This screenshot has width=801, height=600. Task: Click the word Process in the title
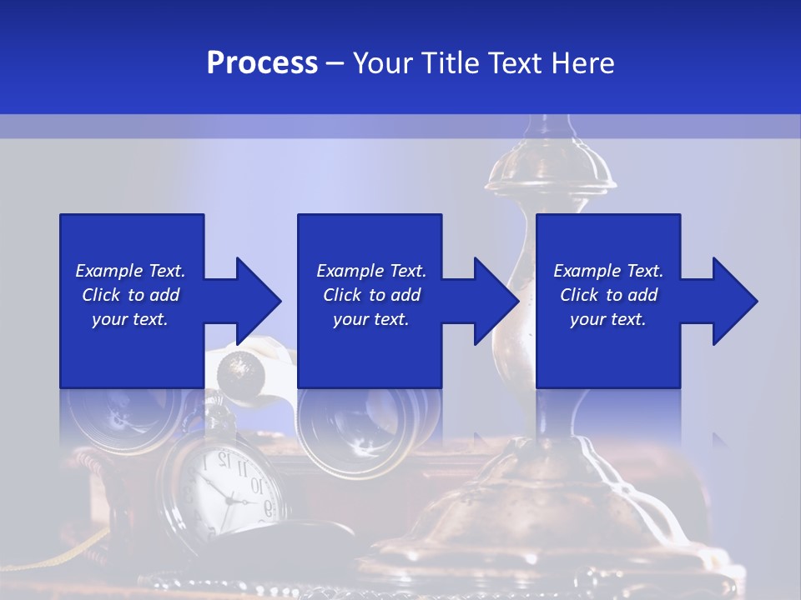[262, 63]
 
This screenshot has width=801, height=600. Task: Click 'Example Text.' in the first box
[130, 271]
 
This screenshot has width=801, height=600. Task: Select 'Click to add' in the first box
[130, 295]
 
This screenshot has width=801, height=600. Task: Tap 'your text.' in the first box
[130, 319]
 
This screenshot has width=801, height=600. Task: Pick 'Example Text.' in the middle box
[371, 271]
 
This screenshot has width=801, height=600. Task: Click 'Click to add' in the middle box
[371, 295]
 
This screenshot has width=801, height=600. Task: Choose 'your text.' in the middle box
[371, 319]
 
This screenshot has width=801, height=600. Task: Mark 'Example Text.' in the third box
[608, 271]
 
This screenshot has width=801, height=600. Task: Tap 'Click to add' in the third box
[608, 295]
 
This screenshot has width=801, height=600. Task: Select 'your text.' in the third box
[608, 319]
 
